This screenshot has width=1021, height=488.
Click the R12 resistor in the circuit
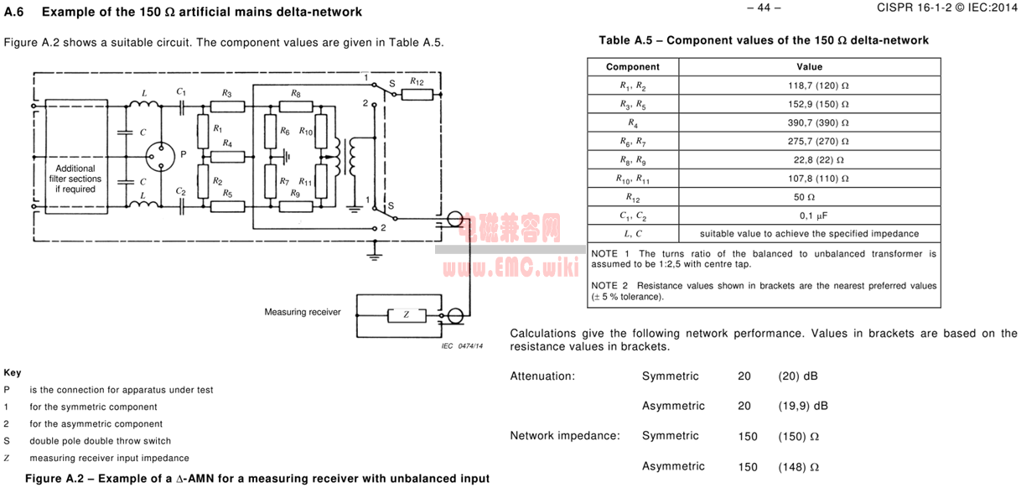pyautogui.click(x=417, y=95)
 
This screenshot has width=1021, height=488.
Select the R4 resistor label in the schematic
pyautogui.click(x=228, y=144)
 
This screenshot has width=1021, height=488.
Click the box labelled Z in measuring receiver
pyautogui.click(x=407, y=315)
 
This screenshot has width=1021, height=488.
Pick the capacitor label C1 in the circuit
pyautogui.click(x=181, y=91)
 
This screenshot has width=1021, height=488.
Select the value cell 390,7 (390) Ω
pyautogui.click(x=809, y=122)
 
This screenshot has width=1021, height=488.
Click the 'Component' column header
pyautogui.click(x=633, y=67)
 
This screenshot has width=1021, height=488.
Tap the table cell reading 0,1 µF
pyautogui.click(x=809, y=215)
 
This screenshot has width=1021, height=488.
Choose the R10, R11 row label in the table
pyautogui.click(x=633, y=179)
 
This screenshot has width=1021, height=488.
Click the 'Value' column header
pyautogui.click(x=809, y=67)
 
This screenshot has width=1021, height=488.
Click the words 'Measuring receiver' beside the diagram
pyautogui.click(x=303, y=313)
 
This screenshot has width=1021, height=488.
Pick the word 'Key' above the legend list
pyautogui.click(x=13, y=373)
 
